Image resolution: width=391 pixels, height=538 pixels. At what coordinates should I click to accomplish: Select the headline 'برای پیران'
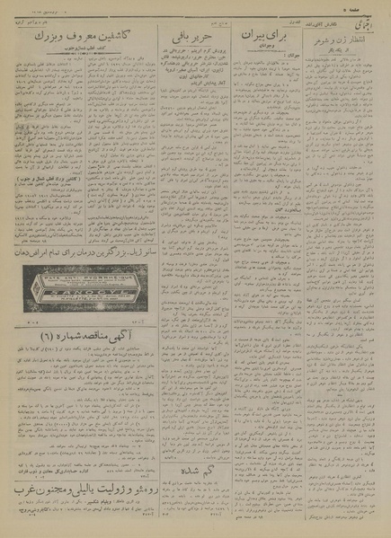pos(262,40)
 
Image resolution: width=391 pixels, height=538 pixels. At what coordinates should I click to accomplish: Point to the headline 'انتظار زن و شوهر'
pos(342,41)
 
